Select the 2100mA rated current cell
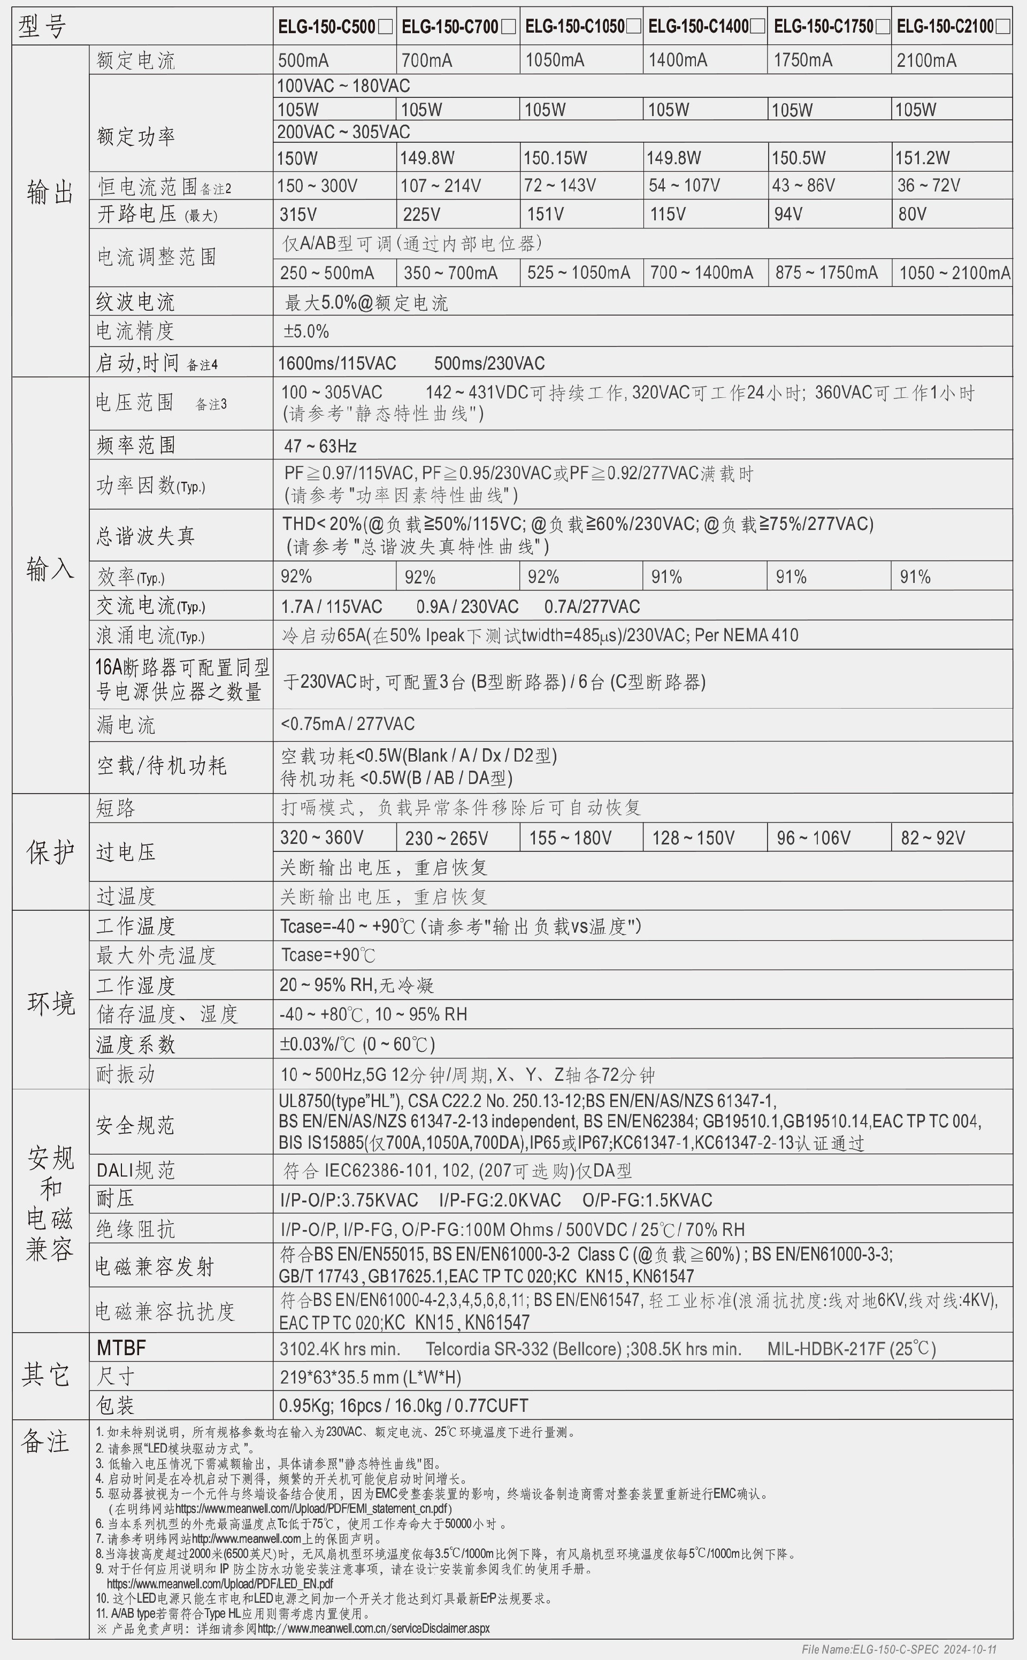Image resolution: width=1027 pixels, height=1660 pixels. pos(926,60)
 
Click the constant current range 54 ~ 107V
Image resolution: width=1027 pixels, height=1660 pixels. pos(684,186)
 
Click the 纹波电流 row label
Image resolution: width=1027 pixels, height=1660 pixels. pos(135,302)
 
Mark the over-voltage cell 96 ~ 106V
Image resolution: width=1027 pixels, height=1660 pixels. pos(813,838)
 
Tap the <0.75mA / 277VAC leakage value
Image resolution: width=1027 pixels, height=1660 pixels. pos(347,724)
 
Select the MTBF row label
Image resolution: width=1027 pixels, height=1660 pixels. pos(121,1348)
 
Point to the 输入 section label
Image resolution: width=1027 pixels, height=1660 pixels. pos(50,569)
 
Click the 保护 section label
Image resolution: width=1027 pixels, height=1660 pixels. pos(50,851)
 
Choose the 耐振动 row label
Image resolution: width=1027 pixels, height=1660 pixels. pos(126,1074)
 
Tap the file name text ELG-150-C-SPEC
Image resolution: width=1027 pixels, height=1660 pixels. pos(899,1650)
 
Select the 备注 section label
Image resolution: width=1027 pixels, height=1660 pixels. pos(45,1441)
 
